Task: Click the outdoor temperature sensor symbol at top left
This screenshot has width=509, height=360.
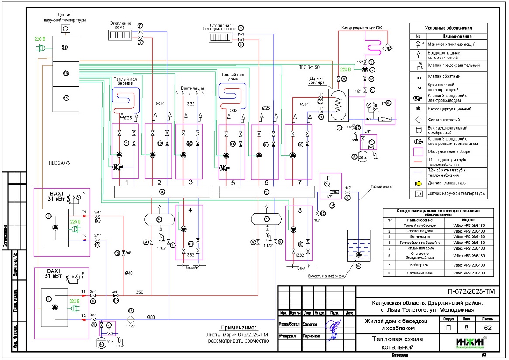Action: click(x=65, y=28)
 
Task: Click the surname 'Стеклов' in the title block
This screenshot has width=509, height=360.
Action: click(x=310, y=325)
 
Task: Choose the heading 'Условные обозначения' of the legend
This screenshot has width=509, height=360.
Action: click(x=451, y=28)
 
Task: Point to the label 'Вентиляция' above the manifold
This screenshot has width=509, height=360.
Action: click(x=190, y=87)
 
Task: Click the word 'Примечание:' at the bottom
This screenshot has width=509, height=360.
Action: click(x=239, y=328)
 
